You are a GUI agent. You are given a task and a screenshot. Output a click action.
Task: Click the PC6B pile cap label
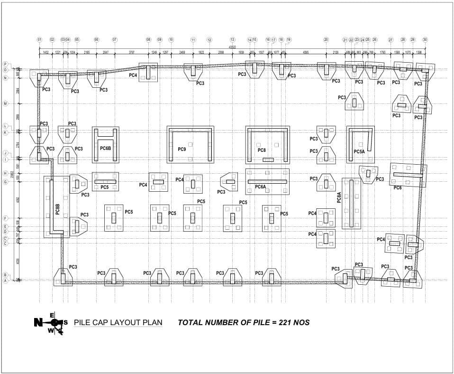(105, 149)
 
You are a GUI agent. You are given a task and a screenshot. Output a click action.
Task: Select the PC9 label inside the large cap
(182, 150)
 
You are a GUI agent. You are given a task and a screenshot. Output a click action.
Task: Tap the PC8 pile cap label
(262, 150)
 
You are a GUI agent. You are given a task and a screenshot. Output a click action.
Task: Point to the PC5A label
(359, 151)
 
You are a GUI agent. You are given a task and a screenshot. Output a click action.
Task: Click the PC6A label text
(260, 187)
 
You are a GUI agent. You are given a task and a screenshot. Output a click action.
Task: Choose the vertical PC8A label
(339, 197)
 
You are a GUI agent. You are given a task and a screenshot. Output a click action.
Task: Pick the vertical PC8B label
(57, 209)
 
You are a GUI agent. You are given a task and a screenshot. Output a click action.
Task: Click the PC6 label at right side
(398, 188)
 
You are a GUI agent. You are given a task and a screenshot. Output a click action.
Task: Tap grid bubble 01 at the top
(39, 39)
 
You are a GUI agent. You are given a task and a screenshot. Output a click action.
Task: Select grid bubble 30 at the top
(425, 39)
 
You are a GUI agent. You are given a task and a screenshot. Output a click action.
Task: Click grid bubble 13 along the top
(232, 39)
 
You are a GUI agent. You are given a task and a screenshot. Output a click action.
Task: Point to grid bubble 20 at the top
(326, 39)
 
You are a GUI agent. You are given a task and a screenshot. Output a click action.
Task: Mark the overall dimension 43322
(232, 47)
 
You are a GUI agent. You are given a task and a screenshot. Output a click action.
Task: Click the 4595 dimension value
(306, 52)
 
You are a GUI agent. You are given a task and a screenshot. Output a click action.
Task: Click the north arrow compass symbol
(55, 323)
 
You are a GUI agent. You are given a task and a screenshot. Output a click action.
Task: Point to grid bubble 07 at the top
(115, 39)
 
